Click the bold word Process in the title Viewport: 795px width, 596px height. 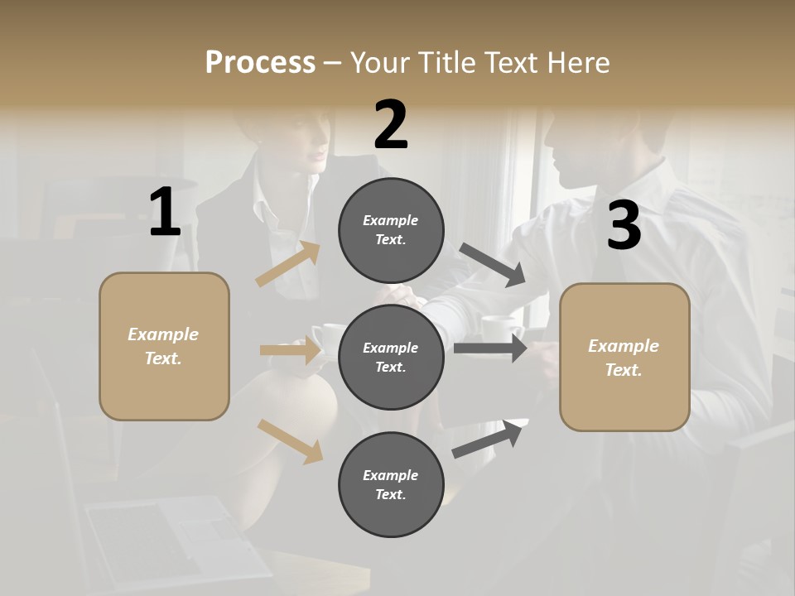[x=260, y=62]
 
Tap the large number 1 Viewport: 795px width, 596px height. [x=165, y=213]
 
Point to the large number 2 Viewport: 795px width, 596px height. [x=391, y=125]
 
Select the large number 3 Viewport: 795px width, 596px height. [x=624, y=226]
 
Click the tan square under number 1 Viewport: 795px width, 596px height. [x=164, y=346]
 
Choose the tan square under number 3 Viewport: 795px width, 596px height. [x=624, y=358]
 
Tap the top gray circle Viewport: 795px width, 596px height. [x=391, y=230]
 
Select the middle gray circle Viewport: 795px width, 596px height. [x=391, y=358]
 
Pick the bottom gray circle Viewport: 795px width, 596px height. [x=391, y=485]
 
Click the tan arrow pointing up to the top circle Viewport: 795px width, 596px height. [x=288, y=264]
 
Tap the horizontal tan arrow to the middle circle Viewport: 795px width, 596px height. [x=290, y=350]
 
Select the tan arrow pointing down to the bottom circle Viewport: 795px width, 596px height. [x=290, y=440]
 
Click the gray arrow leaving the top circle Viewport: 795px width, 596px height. [x=493, y=265]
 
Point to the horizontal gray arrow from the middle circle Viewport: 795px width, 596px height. [x=489, y=348]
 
